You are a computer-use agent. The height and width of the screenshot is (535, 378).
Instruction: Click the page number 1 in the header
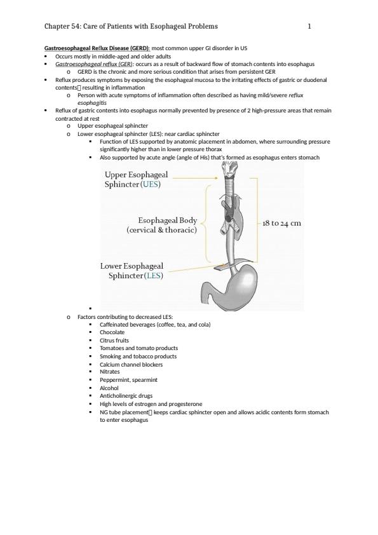[x=309, y=26]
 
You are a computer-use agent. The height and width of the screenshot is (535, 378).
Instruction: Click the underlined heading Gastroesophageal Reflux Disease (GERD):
[x=97, y=48]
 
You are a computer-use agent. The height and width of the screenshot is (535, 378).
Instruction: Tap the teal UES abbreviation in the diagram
[x=151, y=184]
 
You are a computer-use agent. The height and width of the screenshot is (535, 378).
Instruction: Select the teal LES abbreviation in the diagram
[x=154, y=275]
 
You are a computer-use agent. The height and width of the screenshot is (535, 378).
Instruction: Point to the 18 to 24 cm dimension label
[x=282, y=223]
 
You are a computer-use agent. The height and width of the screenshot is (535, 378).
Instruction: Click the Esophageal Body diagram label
[x=168, y=220]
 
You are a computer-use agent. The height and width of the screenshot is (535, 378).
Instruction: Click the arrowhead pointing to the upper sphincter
[x=215, y=178]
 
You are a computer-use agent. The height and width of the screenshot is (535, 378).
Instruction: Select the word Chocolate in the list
[x=112, y=332]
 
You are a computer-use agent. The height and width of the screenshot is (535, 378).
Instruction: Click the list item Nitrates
[x=109, y=372]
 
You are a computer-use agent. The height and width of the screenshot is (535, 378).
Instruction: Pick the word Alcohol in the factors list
[x=109, y=388]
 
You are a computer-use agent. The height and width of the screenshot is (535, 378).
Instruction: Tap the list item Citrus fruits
[x=114, y=341]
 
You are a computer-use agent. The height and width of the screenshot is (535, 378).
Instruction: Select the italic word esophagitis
[x=91, y=103]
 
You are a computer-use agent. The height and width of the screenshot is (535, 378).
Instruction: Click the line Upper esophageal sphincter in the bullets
[x=112, y=126]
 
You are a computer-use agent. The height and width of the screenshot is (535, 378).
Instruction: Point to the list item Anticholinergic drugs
[x=126, y=396]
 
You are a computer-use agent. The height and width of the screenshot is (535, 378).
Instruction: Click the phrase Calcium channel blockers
[x=131, y=365]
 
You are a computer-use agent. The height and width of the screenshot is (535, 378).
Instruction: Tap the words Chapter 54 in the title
[x=62, y=26]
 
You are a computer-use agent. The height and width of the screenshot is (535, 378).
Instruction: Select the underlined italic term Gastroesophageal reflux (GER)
[x=95, y=64]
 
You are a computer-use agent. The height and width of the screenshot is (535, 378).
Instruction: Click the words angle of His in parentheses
[x=192, y=158]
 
